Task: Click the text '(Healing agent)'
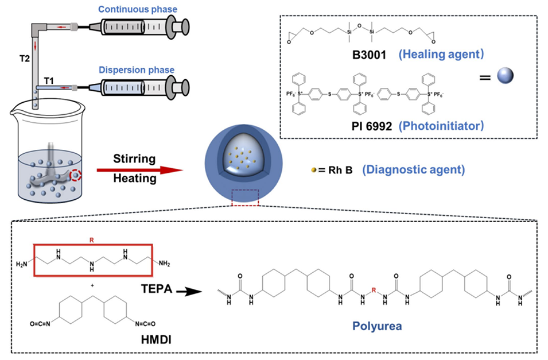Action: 441,55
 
